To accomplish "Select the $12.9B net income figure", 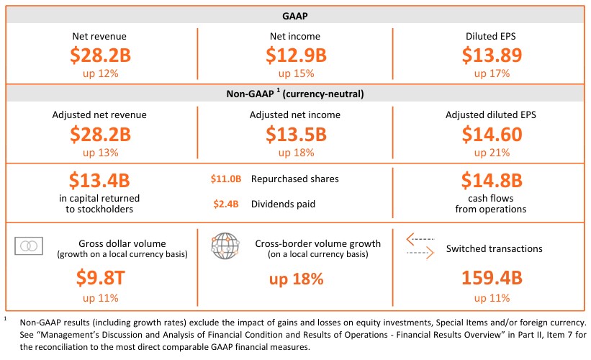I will coord(295,55).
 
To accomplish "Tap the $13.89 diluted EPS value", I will coord(488,55).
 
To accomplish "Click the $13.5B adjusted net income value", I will coord(295,134).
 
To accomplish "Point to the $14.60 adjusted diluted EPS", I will coord(488,134).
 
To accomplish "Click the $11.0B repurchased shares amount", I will coord(225,179).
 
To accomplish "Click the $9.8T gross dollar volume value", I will coord(101,279).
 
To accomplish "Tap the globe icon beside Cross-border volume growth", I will coord(225,246).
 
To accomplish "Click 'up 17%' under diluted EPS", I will coord(488,73).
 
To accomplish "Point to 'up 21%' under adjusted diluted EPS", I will coord(488,153).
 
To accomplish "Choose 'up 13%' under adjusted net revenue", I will coord(101,153).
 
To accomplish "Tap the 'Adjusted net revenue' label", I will coord(101,114).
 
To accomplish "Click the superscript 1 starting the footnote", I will coord(5,318).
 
